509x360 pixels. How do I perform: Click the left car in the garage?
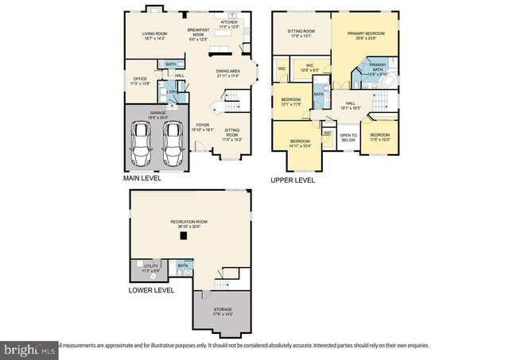coord(143,143)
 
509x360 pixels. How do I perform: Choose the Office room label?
coord(140,80)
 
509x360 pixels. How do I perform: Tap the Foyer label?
coord(204,126)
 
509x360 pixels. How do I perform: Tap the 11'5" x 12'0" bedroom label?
coord(380,137)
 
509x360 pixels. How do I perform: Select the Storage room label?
coord(222,312)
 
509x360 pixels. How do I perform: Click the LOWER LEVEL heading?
coord(151,291)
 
